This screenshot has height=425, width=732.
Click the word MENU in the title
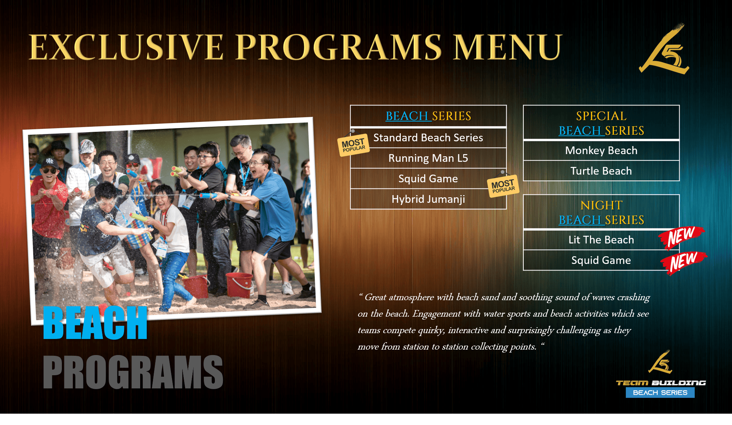tap(507, 47)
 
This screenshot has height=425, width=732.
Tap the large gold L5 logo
tap(664, 49)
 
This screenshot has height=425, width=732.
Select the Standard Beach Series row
tap(428, 138)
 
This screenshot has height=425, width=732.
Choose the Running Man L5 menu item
tap(428, 158)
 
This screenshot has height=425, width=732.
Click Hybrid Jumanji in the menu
tap(428, 199)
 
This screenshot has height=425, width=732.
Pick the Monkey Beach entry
tap(601, 150)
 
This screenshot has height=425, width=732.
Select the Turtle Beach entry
tap(601, 171)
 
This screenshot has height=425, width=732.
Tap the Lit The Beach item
tap(601, 240)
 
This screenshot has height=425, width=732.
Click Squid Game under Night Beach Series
tap(601, 260)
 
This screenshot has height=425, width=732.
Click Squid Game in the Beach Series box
tap(428, 179)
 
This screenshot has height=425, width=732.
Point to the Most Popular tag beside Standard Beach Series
tap(353, 145)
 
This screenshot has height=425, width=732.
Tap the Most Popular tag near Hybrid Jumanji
tap(503, 186)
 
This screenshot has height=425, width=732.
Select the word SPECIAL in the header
tap(601, 116)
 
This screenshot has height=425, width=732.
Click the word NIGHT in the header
tap(601, 205)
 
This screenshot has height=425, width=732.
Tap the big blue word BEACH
tap(95, 323)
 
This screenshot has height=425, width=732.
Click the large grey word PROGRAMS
tap(133, 372)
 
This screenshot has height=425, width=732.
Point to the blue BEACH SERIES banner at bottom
tap(660, 393)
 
